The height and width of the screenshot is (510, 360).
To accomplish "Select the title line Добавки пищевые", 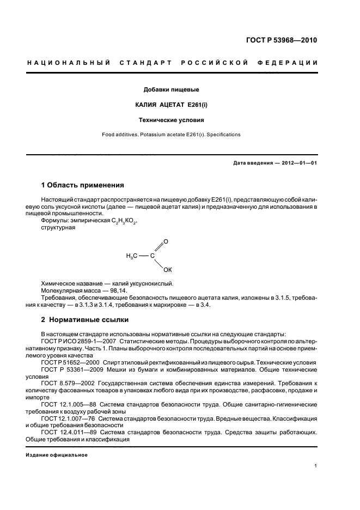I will click(x=170, y=89).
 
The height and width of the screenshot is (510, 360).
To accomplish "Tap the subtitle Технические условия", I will click(x=170, y=119).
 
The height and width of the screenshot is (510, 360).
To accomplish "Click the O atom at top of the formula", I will click(x=166, y=241).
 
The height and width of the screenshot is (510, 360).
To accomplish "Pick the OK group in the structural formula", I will click(x=168, y=269).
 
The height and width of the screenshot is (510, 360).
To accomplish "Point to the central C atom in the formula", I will click(x=152, y=255).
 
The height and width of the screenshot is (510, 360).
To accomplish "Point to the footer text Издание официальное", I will click(x=57, y=454).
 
